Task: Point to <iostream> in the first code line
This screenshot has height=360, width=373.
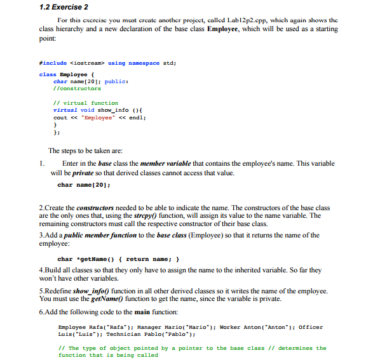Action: [x=86, y=63]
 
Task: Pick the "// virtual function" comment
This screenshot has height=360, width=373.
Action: [x=86, y=103]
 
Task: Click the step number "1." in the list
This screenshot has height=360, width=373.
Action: [x=43, y=164]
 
